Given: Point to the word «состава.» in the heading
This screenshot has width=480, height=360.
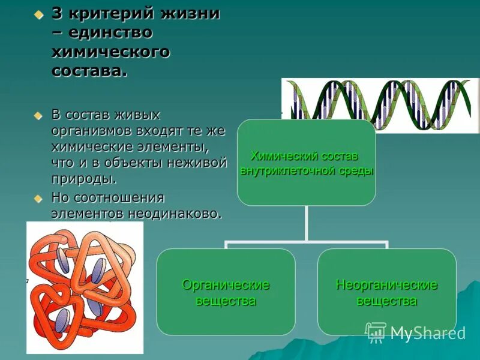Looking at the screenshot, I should [x=89, y=71].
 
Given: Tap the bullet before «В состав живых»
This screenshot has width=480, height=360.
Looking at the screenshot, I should [x=39, y=115].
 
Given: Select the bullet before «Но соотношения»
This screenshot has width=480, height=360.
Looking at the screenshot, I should [x=39, y=198].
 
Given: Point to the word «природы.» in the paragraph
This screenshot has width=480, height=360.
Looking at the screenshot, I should [x=83, y=179].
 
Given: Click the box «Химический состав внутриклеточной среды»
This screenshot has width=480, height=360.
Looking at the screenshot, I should [x=306, y=163].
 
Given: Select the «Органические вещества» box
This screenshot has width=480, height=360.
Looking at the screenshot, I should [x=226, y=292].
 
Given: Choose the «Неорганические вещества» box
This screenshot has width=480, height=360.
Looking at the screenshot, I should [x=386, y=292].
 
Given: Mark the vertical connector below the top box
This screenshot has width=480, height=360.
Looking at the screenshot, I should [x=306, y=223].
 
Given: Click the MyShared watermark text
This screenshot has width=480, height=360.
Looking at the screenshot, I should [x=428, y=334].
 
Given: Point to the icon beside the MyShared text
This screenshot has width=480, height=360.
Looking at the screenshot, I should [x=376, y=332].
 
